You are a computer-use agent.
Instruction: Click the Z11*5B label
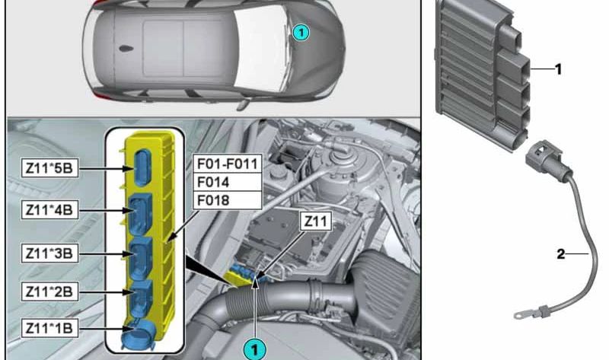[49, 168]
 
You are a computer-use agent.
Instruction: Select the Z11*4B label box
[49, 210]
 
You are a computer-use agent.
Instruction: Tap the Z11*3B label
[49, 253]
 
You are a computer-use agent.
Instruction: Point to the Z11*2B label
[49, 292]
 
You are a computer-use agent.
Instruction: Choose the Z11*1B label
[49, 328]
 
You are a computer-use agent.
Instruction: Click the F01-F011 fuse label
[228, 164]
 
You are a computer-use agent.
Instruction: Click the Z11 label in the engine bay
[316, 221]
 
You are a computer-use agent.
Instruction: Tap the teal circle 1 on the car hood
[301, 32]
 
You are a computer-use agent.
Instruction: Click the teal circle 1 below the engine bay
[254, 349]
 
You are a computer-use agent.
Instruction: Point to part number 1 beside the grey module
[558, 69]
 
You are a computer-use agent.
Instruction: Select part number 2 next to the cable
[561, 254]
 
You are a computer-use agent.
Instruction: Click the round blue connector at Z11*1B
[138, 336]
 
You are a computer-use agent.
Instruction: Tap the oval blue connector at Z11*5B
[142, 168]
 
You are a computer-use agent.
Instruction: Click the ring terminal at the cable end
[520, 316]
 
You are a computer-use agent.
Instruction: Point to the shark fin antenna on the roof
[126, 49]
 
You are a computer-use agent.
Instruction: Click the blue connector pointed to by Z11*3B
[141, 257]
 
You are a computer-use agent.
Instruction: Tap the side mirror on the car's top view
[244, 104]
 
